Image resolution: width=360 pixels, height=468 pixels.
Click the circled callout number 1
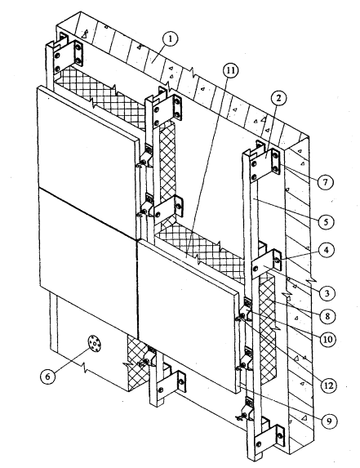(170, 39)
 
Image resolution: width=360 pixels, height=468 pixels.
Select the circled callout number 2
(278, 98)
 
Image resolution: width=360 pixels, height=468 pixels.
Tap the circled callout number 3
(327, 293)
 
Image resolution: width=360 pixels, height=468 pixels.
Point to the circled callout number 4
(326, 250)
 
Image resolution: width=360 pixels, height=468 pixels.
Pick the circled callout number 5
(326, 222)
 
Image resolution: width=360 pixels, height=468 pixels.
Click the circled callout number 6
(47, 377)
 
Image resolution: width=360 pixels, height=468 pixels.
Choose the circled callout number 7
(325, 182)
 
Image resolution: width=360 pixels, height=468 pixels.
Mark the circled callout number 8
(327, 316)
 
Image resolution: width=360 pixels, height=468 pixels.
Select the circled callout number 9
(328, 421)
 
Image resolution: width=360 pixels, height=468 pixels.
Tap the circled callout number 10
(327, 339)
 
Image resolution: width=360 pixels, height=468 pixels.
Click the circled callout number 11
(230, 70)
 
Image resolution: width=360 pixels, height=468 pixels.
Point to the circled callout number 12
(328, 386)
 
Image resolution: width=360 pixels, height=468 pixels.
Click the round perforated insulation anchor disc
(95, 344)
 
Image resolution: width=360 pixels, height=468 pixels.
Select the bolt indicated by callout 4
(277, 260)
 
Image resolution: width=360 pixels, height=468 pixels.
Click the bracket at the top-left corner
(68, 56)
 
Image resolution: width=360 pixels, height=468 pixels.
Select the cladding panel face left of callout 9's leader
(186, 314)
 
